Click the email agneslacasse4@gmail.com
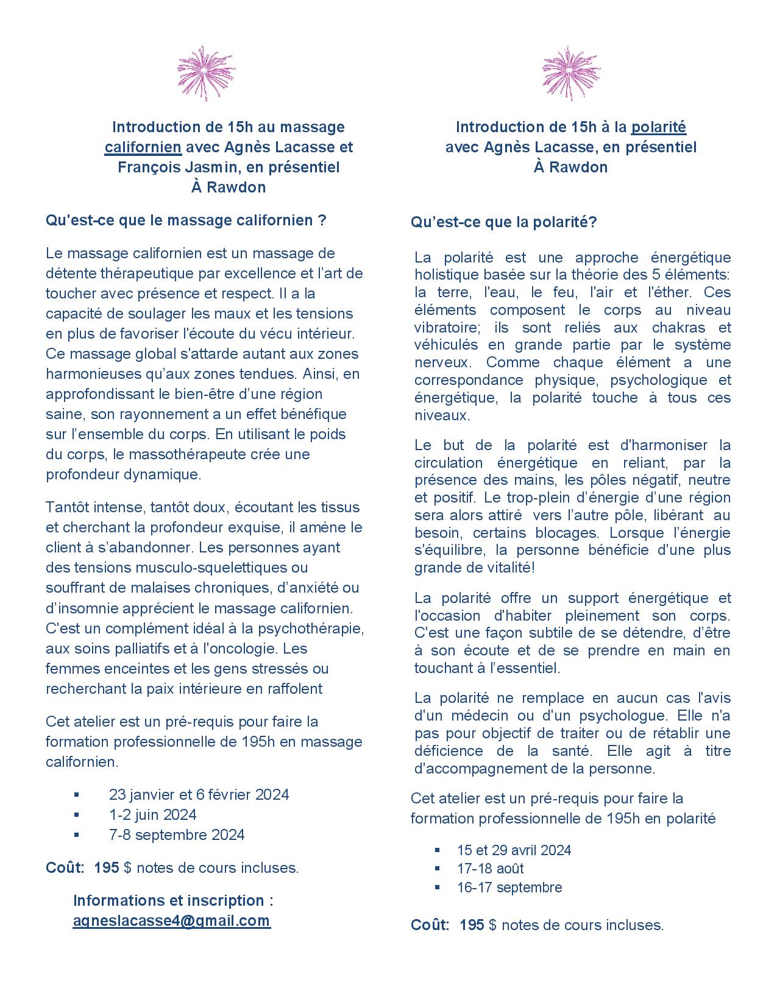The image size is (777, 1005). click(x=171, y=920)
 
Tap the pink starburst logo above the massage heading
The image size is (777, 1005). click(x=206, y=73)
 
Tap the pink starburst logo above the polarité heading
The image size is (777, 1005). click(x=570, y=73)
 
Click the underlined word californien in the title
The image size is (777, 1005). click(x=143, y=147)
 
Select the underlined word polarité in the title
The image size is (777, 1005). click(x=659, y=127)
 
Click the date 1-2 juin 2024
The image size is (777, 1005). click(x=153, y=814)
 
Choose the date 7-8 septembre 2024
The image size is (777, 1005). click(x=177, y=834)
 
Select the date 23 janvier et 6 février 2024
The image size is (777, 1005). click(x=199, y=794)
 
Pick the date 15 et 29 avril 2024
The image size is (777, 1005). click(x=514, y=850)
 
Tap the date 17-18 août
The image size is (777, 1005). click(x=490, y=869)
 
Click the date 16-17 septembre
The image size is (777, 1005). click(x=509, y=887)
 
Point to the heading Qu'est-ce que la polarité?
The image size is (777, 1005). click(x=503, y=222)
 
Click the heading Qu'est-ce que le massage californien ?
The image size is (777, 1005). click(x=186, y=220)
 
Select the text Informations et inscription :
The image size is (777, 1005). click(x=173, y=900)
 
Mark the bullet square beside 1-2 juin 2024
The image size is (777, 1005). click(x=76, y=814)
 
